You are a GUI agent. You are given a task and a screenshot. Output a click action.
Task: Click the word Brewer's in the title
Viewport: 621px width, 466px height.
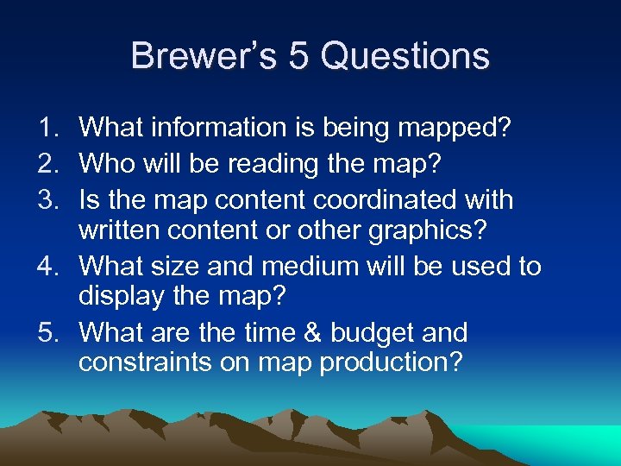click(204, 56)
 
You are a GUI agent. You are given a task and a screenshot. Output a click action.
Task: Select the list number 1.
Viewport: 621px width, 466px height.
click(46, 128)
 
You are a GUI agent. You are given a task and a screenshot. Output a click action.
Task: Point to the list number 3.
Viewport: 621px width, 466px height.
click(46, 200)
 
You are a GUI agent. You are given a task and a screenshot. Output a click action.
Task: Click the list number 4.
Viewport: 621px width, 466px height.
click(46, 267)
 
